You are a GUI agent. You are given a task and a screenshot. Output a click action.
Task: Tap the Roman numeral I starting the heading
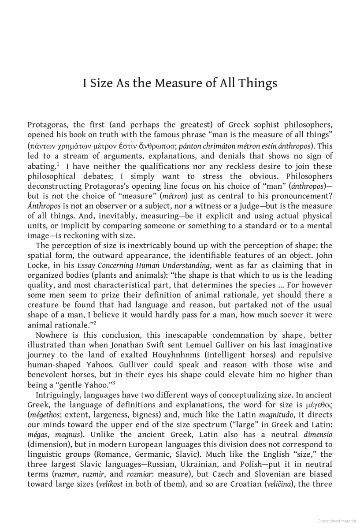tap(85, 83)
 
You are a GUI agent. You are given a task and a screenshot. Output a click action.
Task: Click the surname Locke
tap(39, 265)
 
